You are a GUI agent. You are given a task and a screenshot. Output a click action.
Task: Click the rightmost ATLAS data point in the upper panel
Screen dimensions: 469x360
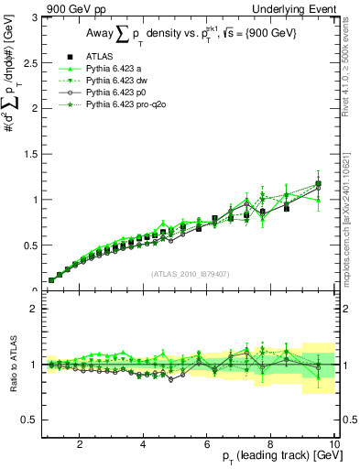click(319, 184)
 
